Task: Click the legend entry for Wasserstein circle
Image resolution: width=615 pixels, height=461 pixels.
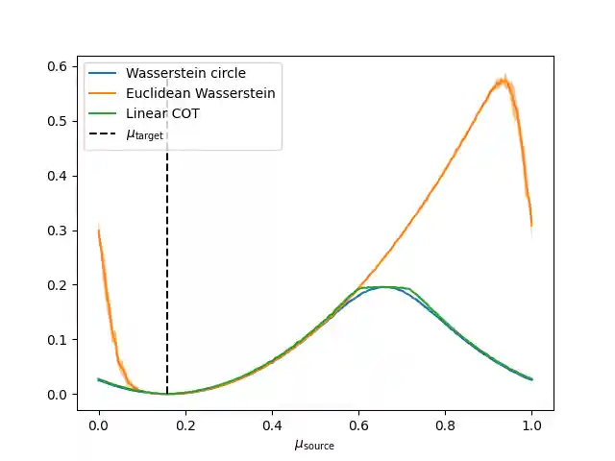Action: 185,73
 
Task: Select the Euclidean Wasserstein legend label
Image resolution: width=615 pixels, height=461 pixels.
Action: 201,93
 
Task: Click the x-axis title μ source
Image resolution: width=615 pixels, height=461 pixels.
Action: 314,444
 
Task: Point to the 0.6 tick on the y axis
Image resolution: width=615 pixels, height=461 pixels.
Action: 60,66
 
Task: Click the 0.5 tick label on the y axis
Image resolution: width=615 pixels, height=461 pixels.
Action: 60,121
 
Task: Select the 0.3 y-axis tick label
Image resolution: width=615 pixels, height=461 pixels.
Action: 60,230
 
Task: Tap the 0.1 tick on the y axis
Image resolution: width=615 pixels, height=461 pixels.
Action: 60,340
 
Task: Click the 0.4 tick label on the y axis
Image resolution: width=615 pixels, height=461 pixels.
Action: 60,176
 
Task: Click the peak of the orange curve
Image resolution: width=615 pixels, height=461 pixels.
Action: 503,80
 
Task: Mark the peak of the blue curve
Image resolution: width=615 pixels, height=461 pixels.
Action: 384,287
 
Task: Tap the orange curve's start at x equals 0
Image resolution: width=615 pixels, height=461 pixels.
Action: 99,230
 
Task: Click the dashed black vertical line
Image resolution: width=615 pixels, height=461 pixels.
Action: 167,269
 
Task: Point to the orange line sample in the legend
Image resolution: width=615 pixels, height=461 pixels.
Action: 104,93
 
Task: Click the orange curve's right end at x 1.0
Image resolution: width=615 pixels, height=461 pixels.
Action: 531,226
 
